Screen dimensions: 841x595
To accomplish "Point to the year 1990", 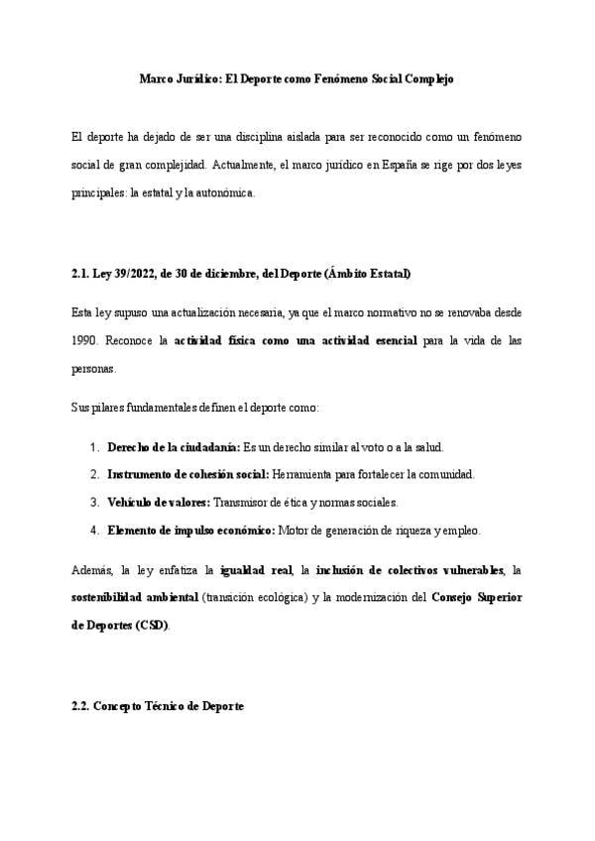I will coord(86,340).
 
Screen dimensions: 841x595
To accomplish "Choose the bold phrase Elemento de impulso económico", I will coord(191,530).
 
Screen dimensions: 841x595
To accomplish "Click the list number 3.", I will coord(95,502).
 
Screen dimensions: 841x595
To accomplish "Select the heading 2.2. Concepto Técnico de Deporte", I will coord(157,705).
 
